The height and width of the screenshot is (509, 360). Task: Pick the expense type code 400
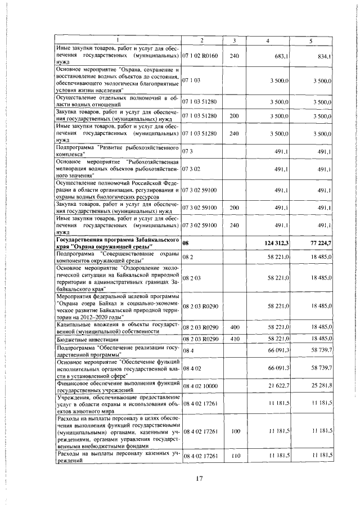(235, 327)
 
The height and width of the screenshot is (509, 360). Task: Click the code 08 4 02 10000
(200, 385)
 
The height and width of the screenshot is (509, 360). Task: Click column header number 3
(235, 40)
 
